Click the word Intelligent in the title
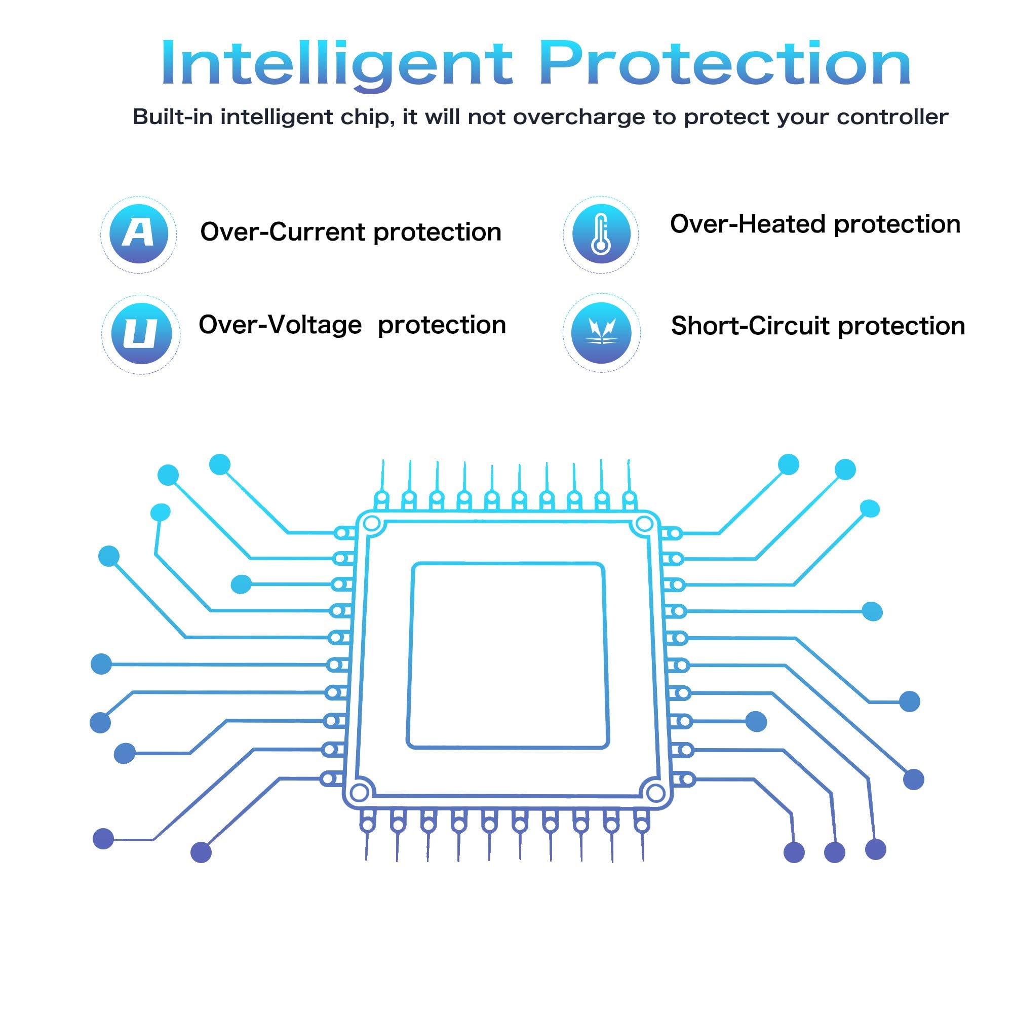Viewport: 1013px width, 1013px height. [337, 64]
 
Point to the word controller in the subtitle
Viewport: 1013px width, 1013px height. [892, 116]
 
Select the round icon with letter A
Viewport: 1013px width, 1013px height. [139, 234]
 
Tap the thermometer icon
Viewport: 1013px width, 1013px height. [601, 234]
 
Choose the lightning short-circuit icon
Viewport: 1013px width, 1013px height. [601, 333]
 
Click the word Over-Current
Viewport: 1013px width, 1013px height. [283, 232]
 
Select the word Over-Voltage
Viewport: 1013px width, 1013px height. [281, 325]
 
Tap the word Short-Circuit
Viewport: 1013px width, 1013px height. [751, 326]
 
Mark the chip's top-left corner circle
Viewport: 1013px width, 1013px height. [372, 523]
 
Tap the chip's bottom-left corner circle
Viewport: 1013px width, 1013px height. [359, 792]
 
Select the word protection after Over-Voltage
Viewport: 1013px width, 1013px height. [442, 326]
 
